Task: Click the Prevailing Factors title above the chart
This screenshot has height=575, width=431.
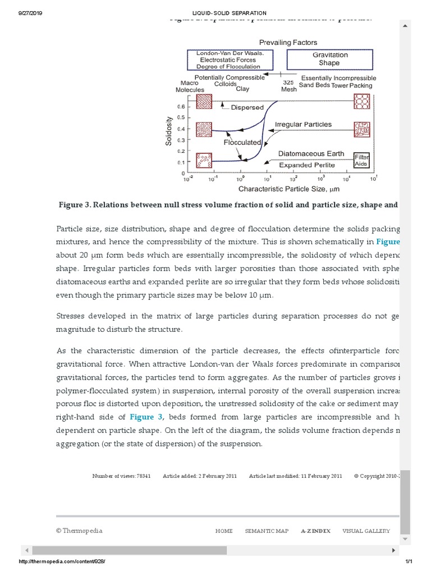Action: [287, 42]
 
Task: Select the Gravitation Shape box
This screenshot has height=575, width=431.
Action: [330, 59]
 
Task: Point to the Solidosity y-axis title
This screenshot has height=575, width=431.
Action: [168, 131]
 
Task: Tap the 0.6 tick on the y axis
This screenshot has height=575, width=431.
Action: [181, 106]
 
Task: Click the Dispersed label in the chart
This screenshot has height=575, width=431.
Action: [247, 107]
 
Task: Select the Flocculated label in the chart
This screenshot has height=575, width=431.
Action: [243, 143]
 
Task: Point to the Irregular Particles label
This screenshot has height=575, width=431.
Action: [303, 124]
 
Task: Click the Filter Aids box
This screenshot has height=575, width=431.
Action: [361, 160]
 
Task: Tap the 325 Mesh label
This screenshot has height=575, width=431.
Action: [288, 85]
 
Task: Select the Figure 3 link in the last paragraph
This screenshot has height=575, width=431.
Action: [146, 417]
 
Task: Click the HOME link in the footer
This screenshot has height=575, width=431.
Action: [224, 531]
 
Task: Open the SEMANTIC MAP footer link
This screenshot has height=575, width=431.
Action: [267, 531]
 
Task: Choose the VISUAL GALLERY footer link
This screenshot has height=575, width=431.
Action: [366, 531]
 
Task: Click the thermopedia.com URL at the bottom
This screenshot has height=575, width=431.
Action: [62, 562]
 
